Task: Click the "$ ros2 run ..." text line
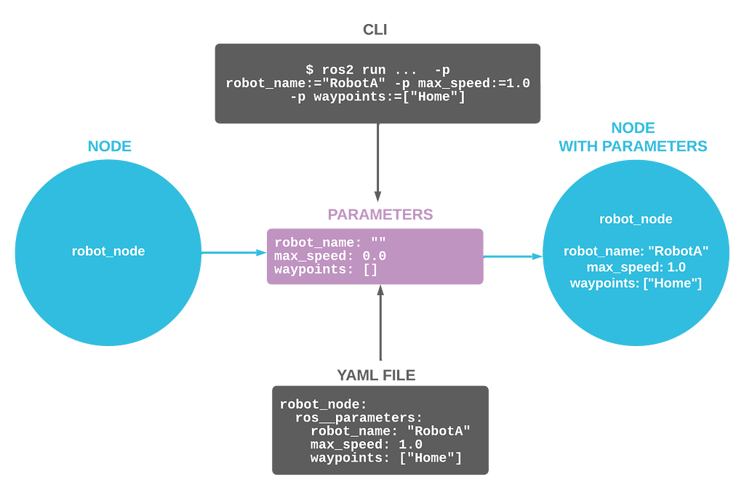click(377, 69)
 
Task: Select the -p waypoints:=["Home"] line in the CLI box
click(377, 97)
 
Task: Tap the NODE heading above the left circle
click(109, 146)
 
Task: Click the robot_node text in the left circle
click(108, 252)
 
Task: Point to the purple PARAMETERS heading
click(380, 214)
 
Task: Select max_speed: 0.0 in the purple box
click(329, 256)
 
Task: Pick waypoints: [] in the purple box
click(326, 270)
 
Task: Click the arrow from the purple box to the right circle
click(513, 256)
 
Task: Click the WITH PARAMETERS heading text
click(633, 146)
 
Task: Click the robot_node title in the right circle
click(635, 219)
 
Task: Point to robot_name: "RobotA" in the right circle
click(636, 252)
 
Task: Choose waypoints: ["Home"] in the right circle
click(636, 284)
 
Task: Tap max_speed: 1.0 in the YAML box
click(366, 445)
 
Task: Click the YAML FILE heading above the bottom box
click(377, 374)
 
